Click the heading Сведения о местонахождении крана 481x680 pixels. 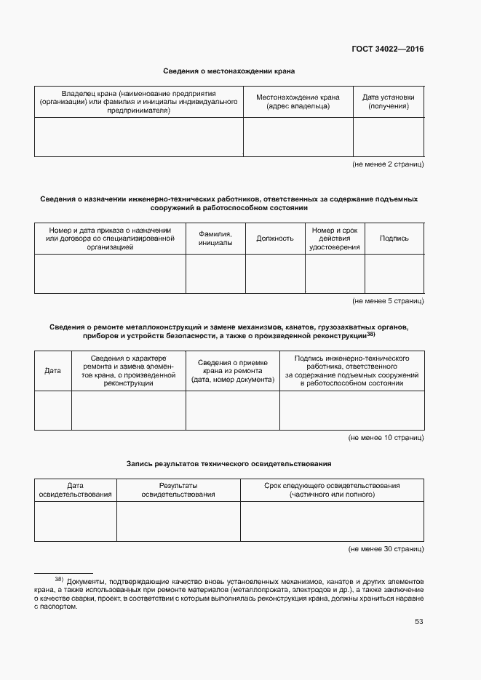228,71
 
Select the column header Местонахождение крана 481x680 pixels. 298,101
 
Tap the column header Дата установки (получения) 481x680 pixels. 388,101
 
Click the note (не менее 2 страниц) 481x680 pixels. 388,165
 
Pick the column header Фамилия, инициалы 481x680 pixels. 215,238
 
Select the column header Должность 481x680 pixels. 274,238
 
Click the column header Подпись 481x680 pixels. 394,238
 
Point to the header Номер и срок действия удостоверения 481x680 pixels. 334,238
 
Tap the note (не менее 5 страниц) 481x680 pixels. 388,300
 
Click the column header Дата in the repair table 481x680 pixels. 52,371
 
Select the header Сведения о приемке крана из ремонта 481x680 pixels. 233,371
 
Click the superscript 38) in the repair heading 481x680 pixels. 371,335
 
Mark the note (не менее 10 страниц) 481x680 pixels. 386,437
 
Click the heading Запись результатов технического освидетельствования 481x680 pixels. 228,463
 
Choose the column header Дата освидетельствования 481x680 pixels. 75,489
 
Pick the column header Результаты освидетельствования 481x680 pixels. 178,489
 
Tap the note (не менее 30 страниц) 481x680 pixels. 386,549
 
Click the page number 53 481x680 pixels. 418,621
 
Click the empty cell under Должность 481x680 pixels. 274,273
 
